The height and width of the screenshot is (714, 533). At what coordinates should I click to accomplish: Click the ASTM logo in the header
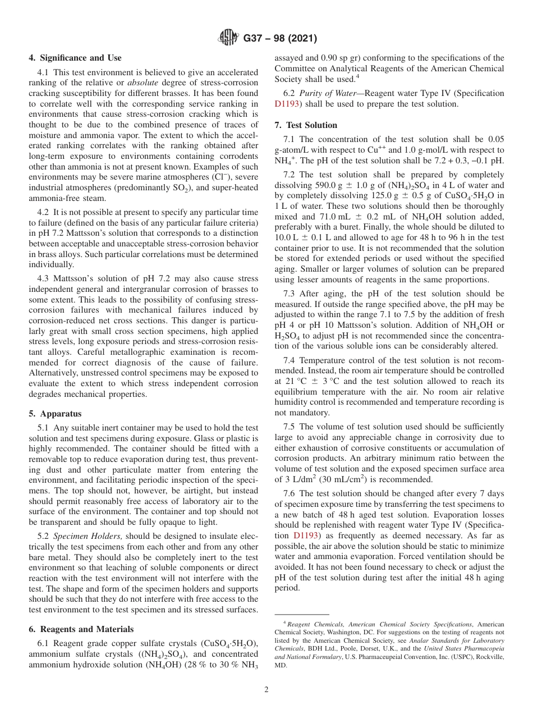(x=228, y=38)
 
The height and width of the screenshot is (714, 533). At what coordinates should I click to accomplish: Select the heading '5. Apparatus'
(x=56, y=414)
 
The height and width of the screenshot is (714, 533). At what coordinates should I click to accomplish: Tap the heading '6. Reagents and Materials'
(x=81, y=629)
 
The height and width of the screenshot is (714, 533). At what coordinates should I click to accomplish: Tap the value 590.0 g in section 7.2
(x=304, y=185)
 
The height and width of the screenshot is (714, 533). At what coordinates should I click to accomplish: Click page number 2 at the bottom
(x=266, y=690)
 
